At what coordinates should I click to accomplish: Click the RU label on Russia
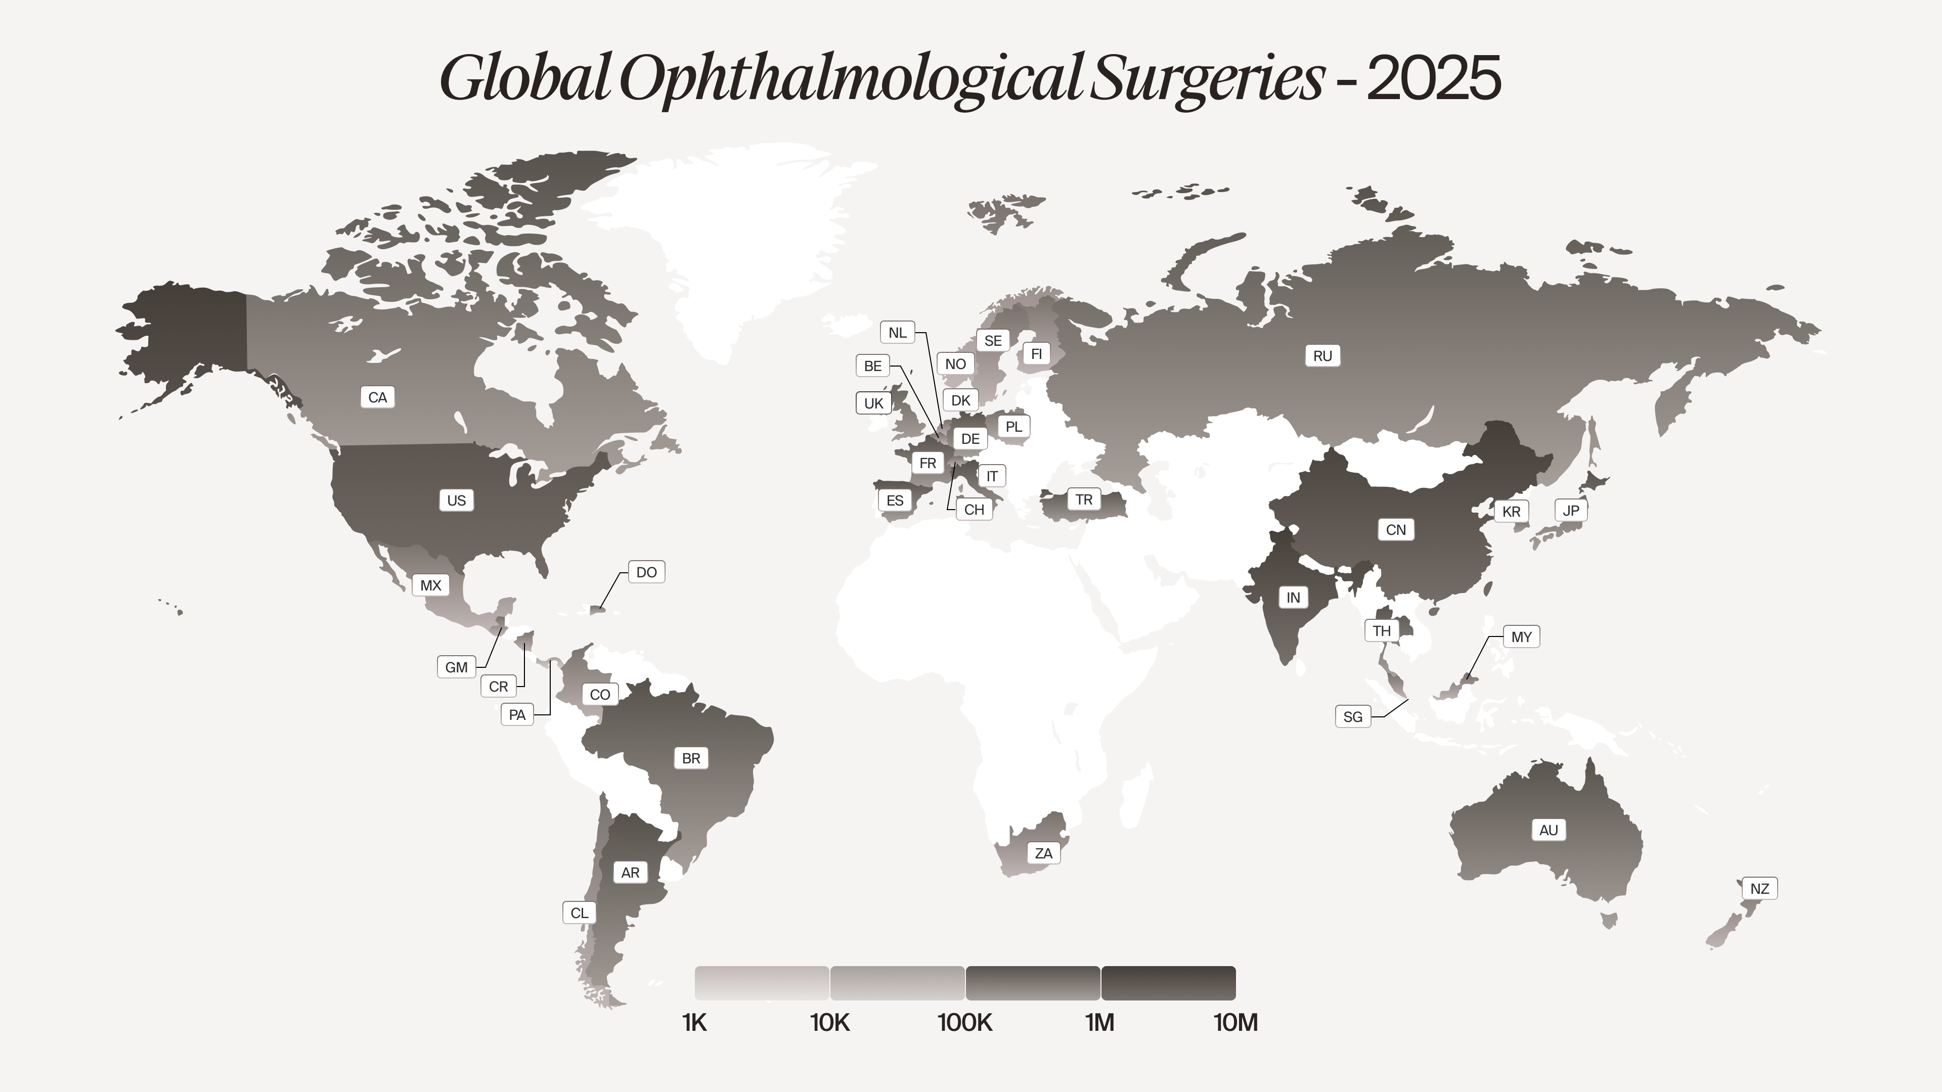click(1322, 356)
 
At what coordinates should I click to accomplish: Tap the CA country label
click(378, 397)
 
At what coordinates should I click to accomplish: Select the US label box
click(456, 500)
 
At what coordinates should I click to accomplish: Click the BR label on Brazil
click(690, 758)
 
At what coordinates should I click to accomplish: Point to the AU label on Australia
click(1548, 830)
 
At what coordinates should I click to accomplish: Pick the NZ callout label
click(1759, 889)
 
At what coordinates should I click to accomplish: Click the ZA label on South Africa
click(1043, 853)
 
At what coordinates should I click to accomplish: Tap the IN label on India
click(1293, 598)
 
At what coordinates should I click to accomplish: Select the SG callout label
click(1352, 717)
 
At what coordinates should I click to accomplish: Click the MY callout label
click(1521, 637)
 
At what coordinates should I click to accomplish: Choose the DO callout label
click(646, 572)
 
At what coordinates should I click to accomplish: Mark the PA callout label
click(517, 714)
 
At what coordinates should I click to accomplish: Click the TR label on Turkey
click(1083, 499)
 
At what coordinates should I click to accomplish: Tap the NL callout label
click(897, 332)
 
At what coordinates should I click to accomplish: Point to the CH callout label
click(974, 510)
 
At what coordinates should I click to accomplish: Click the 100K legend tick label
click(965, 1023)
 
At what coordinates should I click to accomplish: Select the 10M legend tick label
click(1235, 1023)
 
